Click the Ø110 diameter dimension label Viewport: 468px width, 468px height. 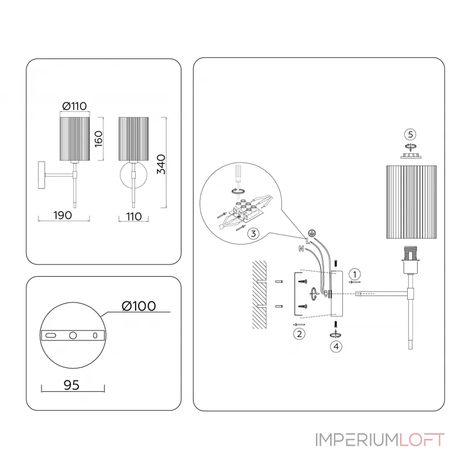pyautogui.click(x=74, y=106)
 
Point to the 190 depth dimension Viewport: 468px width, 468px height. pyautogui.click(x=62, y=215)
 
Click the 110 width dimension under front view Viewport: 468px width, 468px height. pyautogui.click(x=133, y=216)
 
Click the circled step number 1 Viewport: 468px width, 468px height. pyautogui.click(x=355, y=273)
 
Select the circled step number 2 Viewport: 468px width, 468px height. pyautogui.click(x=298, y=334)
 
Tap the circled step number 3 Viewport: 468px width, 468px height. pyautogui.click(x=253, y=234)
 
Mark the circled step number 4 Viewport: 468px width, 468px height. pyautogui.click(x=335, y=346)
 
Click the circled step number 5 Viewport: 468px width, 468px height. pyautogui.click(x=410, y=134)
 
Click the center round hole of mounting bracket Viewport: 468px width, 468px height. pyautogui.click(x=73, y=336)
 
